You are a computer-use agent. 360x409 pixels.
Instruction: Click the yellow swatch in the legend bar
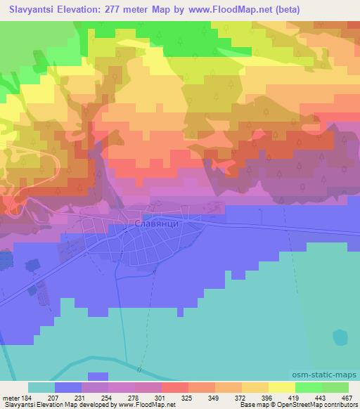[281, 387]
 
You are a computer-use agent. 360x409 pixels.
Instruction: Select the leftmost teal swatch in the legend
[42, 387]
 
